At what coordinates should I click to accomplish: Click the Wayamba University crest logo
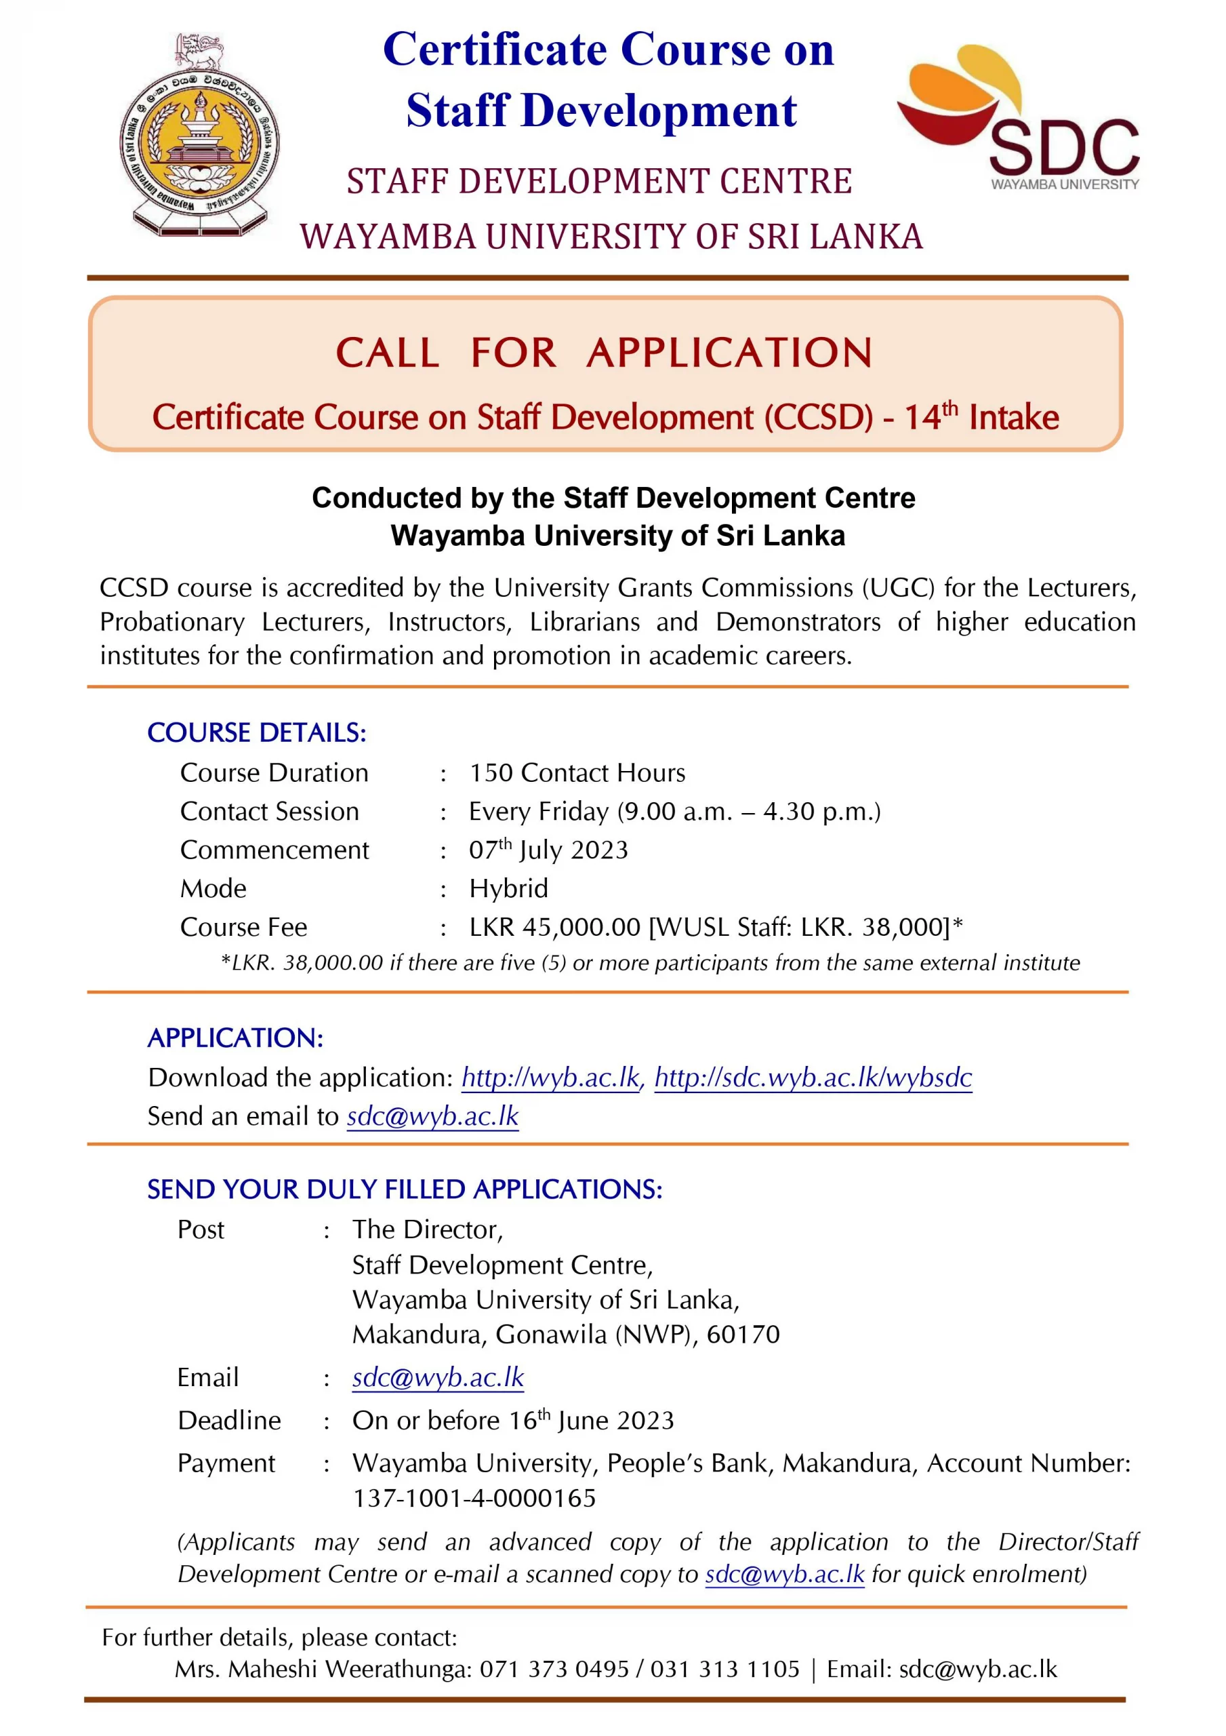pyautogui.click(x=199, y=136)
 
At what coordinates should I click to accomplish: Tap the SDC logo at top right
pyautogui.click(x=1017, y=117)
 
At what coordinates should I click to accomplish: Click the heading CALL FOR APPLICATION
pyautogui.click(x=604, y=353)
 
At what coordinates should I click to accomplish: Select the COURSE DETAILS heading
pyautogui.click(x=256, y=732)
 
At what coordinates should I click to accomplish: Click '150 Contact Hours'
pyautogui.click(x=577, y=773)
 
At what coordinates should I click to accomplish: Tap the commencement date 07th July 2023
pyautogui.click(x=548, y=850)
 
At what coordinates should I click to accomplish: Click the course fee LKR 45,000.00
pyautogui.click(x=554, y=927)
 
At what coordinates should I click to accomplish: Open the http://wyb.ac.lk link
pyautogui.click(x=551, y=1078)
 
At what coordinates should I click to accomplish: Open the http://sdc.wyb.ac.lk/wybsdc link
pyautogui.click(x=813, y=1078)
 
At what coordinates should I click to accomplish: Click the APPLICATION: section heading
pyautogui.click(x=235, y=1038)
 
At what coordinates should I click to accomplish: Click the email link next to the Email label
pyautogui.click(x=438, y=1377)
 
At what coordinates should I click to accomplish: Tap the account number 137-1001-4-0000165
pyautogui.click(x=474, y=1498)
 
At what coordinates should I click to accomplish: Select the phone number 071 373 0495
pyautogui.click(x=554, y=1669)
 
